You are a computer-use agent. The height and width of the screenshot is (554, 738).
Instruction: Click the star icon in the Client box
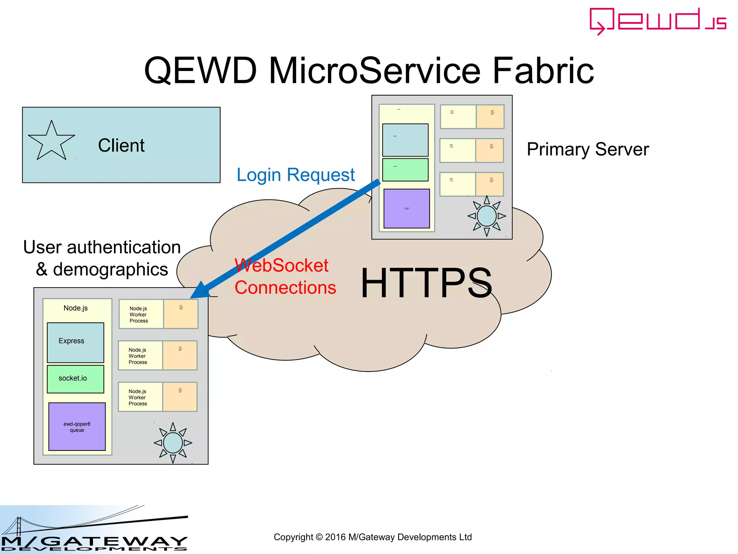click(x=51, y=141)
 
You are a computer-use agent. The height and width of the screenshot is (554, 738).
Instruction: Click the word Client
click(x=121, y=145)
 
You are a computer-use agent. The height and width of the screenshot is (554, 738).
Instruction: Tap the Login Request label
click(x=295, y=175)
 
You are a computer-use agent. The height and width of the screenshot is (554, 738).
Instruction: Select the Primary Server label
click(x=587, y=149)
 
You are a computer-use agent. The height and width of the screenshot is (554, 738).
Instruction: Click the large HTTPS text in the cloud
click(x=426, y=283)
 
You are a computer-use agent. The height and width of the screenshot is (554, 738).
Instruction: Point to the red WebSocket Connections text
click(x=285, y=277)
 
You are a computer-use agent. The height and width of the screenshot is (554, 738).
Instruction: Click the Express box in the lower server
click(x=75, y=342)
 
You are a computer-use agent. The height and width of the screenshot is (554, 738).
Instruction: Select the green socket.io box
click(x=75, y=379)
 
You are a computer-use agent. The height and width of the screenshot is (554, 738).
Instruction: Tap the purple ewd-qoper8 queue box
click(x=77, y=427)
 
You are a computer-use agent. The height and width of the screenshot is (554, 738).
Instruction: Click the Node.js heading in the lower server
click(x=76, y=308)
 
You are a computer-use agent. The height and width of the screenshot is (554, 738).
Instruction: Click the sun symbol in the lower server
click(x=173, y=443)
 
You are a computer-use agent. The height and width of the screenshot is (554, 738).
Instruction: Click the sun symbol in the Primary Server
click(x=486, y=216)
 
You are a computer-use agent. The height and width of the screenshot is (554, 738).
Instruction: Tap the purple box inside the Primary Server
click(x=406, y=208)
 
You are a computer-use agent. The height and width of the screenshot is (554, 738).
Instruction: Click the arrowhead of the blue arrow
click(x=199, y=291)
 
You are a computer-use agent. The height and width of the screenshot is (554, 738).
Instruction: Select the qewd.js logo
click(x=658, y=21)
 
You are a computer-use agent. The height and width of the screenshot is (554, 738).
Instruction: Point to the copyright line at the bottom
click(x=373, y=537)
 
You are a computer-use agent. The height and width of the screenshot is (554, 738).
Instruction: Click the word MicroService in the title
click(x=375, y=70)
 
